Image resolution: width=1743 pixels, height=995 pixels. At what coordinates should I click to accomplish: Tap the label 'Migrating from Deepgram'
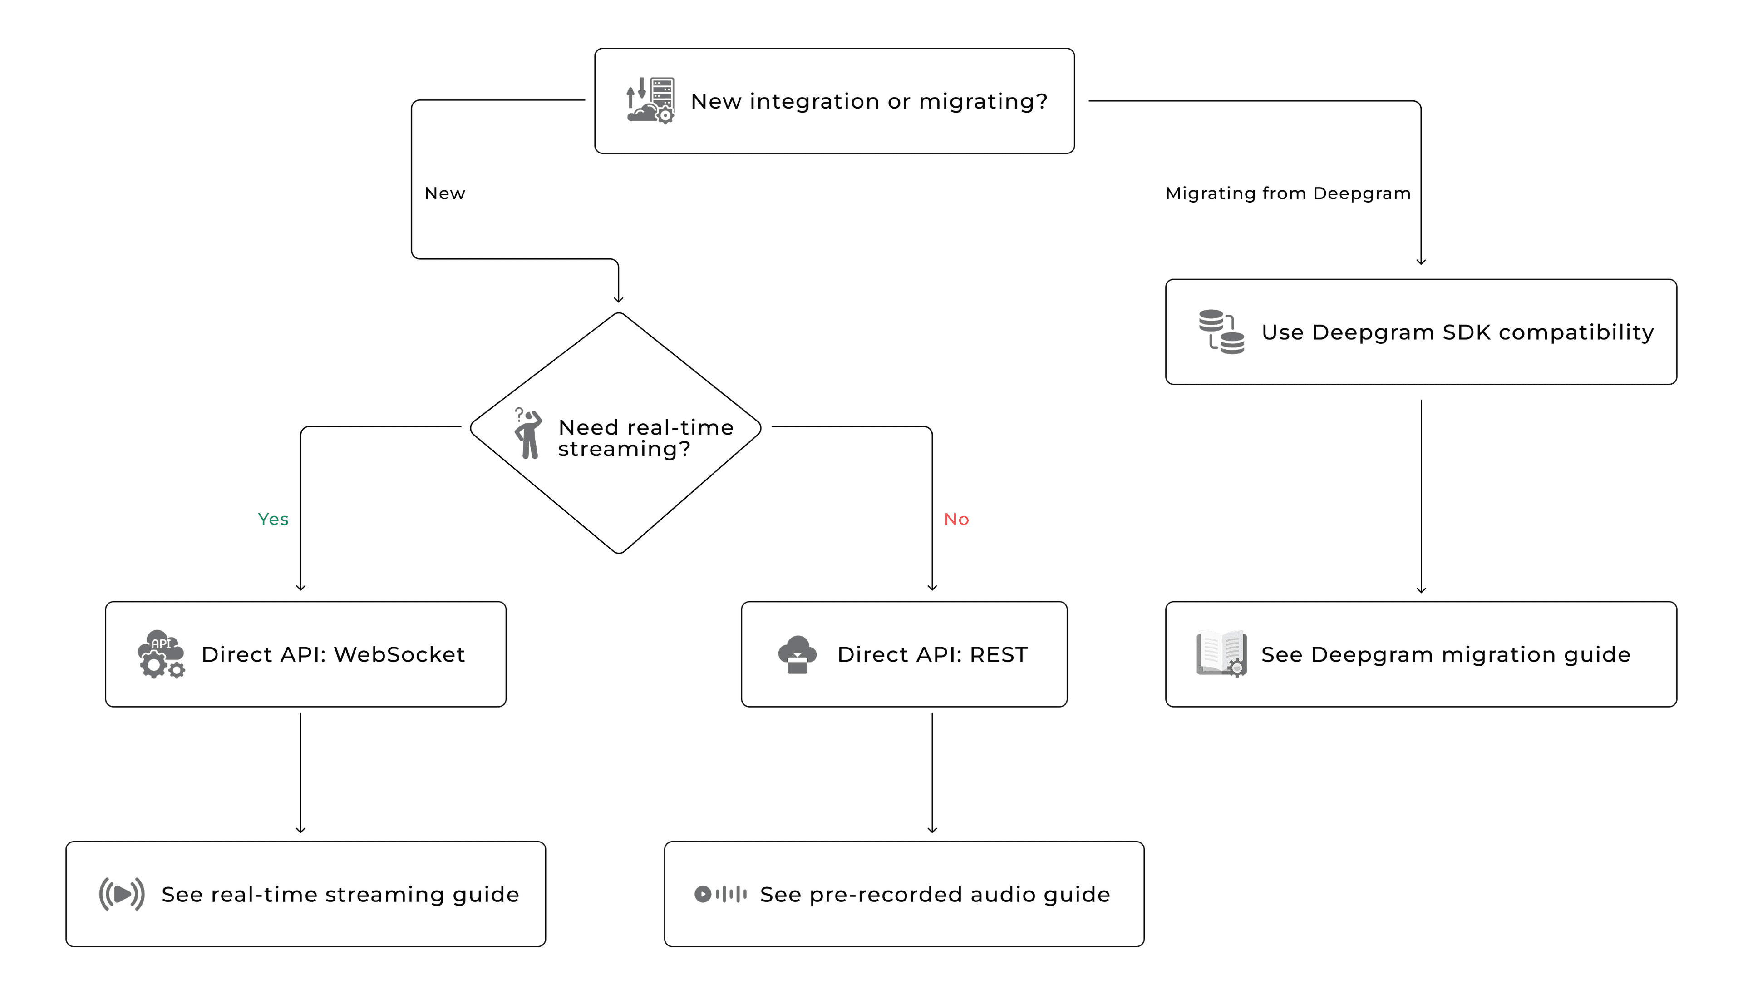[1287, 193]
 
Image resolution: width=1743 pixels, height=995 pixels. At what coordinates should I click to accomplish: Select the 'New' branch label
[445, 193]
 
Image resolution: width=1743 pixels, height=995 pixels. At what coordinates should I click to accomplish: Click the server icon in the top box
[650, 100]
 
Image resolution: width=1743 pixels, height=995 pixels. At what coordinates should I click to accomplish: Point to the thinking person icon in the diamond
[528, 433]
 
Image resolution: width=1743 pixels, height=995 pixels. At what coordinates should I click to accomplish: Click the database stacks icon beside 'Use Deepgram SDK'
[1221, 332]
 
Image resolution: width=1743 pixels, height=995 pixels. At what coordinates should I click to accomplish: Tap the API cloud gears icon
[161, 654]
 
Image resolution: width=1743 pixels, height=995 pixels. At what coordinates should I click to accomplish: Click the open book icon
[1221, 654]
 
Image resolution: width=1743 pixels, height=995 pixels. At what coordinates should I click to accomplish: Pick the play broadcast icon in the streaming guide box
[122, 894]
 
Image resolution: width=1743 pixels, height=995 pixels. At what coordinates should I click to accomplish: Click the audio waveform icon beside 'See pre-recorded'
[720, 894]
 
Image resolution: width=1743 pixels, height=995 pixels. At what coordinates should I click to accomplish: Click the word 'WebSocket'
[399, 655]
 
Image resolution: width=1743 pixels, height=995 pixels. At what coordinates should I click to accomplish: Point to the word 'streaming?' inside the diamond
[624, 449]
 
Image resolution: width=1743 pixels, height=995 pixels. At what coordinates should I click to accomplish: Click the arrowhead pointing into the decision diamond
[618, 299]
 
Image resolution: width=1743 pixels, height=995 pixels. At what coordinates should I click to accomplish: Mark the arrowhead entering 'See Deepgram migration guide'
[1421, 590]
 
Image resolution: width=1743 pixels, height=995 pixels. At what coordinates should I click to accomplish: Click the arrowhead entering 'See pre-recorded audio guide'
[931, 830]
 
